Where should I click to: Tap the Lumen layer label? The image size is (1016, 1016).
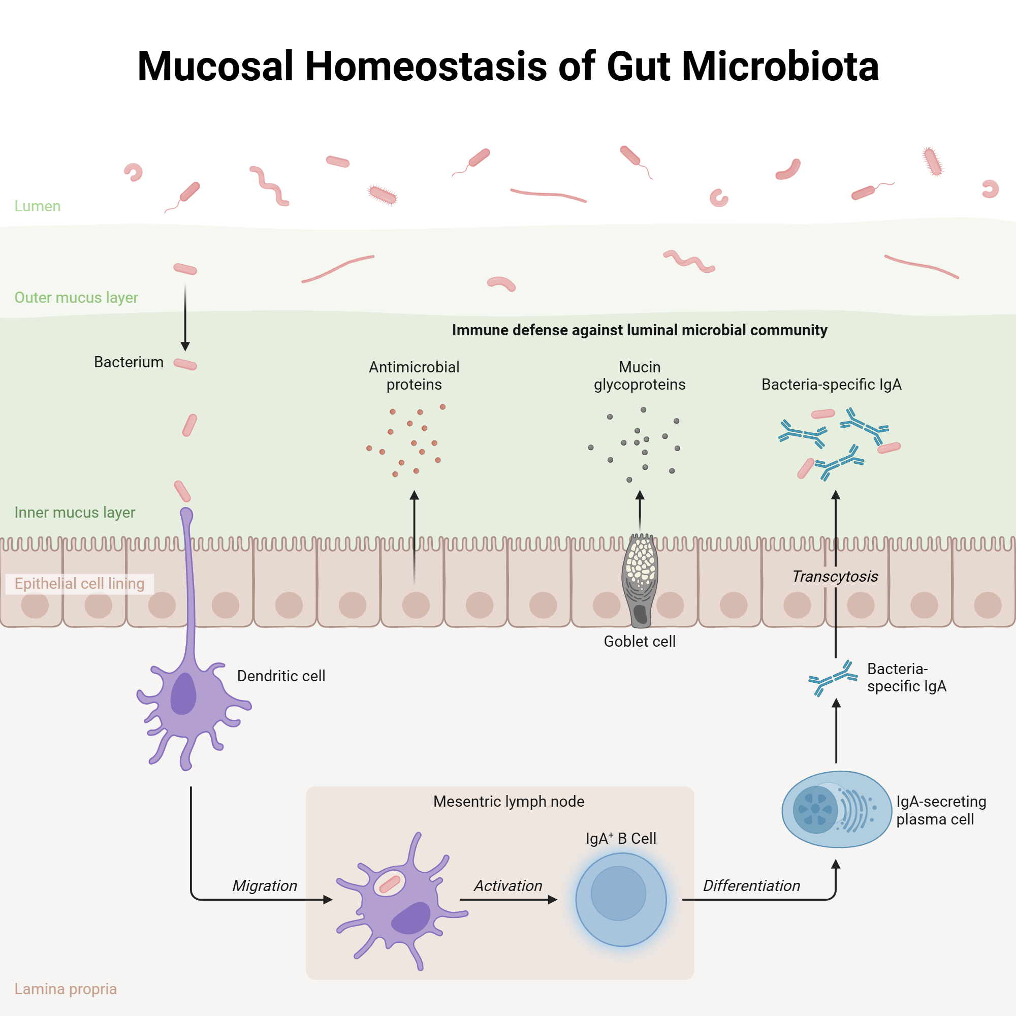coord(37,206)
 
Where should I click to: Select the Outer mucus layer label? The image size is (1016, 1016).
coord(76,298)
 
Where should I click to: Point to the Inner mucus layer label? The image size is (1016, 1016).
coord(75,512)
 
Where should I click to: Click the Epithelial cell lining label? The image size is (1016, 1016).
coord(79,584)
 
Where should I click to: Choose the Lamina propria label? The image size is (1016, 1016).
coord(65,989)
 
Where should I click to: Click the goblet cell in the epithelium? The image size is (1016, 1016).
coord(640,581)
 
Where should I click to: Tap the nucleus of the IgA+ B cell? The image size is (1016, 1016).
coord(618,894)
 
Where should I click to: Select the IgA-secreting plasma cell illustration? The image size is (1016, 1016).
coord(836,809)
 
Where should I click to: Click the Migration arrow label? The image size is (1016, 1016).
coord(265,885)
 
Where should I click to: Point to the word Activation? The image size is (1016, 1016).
coord(508,885)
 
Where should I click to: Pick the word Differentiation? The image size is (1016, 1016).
coord(751,885)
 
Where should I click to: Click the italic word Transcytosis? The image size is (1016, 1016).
coord(835,577)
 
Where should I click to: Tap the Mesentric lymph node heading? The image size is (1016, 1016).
coord(509,802)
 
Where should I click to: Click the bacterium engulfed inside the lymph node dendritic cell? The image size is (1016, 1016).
coord(390,884)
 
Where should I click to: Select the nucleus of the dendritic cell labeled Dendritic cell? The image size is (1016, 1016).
coord(183,693)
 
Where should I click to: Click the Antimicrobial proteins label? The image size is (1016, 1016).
coord(414,375)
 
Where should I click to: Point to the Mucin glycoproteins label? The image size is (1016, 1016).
coord(640,375)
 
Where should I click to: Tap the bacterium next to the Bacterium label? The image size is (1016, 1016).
coord(185,364)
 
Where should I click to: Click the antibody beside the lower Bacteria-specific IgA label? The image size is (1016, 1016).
coord(833,678)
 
